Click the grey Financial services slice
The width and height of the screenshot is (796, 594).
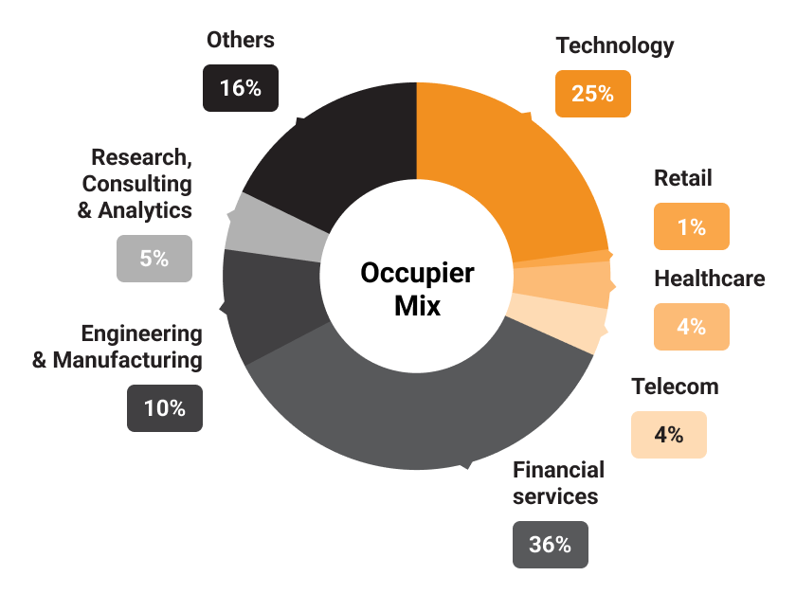click(417, 417)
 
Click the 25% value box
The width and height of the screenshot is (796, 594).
click(592, 94)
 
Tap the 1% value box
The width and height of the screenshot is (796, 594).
click(692, 226)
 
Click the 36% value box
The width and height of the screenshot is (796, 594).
click(551, 545)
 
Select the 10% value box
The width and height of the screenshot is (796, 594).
click(165, 408)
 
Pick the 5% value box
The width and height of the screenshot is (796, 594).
click(154, 258)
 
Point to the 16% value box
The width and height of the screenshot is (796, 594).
click(240, 88)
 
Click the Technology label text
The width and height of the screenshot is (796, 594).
click(614, 45)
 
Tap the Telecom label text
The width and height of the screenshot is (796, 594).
click(675, 387)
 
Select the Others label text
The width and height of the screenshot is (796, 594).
click(240, 40)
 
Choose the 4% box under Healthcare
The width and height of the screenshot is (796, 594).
click(692, 327)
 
